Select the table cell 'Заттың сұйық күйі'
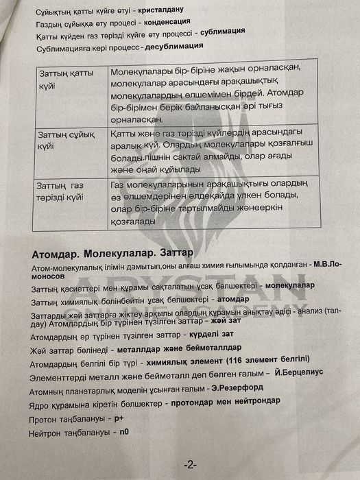[62, 140]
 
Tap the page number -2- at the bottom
[190, 464]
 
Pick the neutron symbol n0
[123, 433]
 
